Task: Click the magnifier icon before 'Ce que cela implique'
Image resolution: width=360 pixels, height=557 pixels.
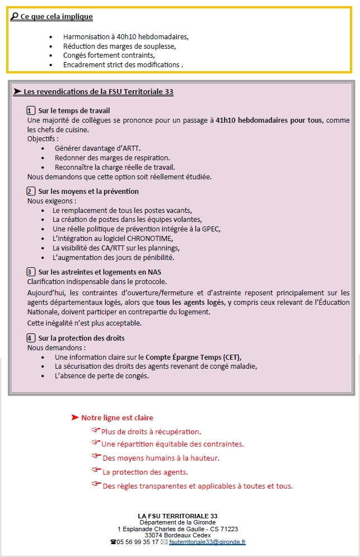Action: point(14,17)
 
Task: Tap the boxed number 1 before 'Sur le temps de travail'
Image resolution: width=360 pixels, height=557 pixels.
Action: point(31,111)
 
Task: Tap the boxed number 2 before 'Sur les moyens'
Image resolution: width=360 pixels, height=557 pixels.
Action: point(31,192)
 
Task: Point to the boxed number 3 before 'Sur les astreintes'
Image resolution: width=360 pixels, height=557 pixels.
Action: point(31,272)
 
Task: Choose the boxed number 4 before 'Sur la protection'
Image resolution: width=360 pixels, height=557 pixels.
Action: point(31,338)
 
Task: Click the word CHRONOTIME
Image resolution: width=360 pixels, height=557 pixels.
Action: point(158,239)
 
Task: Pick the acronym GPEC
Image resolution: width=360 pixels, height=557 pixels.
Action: point(210,229)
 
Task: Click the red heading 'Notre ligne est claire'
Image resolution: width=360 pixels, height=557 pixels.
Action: point(117,417)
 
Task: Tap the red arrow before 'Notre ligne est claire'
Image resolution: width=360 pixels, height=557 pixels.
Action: point(75,417)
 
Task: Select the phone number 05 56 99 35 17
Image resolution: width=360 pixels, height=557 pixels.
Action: point(138,542)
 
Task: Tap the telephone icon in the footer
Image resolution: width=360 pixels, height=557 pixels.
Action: point(113,542)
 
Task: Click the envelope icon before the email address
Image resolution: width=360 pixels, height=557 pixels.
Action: point(164,542)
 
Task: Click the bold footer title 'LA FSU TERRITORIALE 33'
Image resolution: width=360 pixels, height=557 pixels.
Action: point(177,516)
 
